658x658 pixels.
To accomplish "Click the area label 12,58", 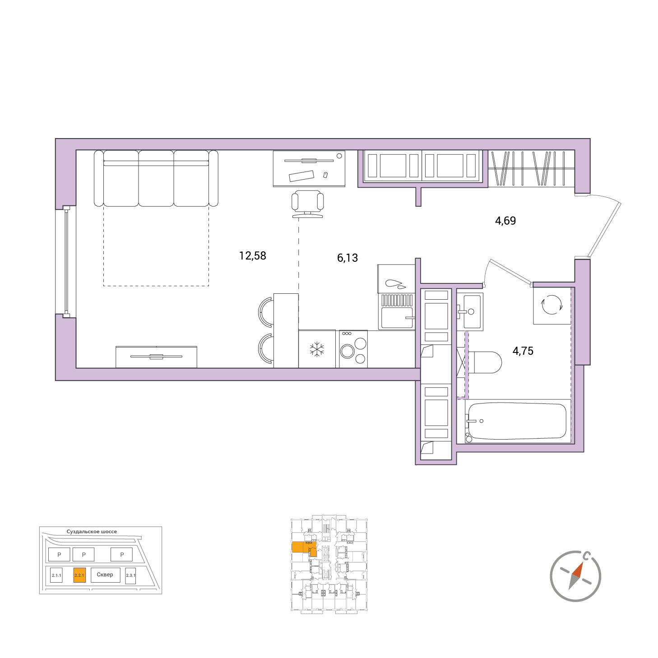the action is coord(252,256).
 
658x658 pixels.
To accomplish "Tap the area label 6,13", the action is coord(347,258).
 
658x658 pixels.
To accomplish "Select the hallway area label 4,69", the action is coord(505,221).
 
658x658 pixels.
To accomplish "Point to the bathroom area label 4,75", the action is coord(523,351).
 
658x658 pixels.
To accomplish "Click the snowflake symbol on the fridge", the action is coord(317,349).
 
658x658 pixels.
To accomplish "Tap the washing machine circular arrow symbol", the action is coord(551,304).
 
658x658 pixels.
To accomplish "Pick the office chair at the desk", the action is coord(308,204).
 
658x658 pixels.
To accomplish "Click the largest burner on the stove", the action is coord(348,351).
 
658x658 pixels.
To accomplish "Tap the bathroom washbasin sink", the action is coord(470,311).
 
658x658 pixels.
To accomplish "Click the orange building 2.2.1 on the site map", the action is coord(79,575).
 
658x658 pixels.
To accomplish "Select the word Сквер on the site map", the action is coord(105,575).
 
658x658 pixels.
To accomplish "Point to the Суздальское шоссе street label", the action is coord(92,532).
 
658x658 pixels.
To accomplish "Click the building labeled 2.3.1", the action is coord(130,576).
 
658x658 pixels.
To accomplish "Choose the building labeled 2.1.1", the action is coord(56,575).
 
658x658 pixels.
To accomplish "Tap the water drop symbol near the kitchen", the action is coord(395,284).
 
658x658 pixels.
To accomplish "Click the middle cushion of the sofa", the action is coord(156,178).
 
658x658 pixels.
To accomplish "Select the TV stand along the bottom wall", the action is coord(157,357).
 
